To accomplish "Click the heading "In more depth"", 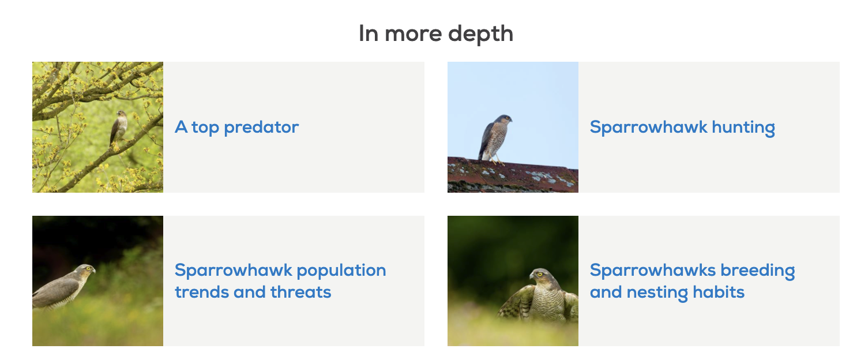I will tap(435, 33).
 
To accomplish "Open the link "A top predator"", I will tap(236, 127).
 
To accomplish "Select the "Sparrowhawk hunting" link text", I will tap(682, 127).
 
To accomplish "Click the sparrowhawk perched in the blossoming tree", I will tap(118, 127).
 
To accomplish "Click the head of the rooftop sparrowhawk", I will tap(505, 120).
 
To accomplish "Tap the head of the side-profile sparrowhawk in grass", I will tap(86, 270).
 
